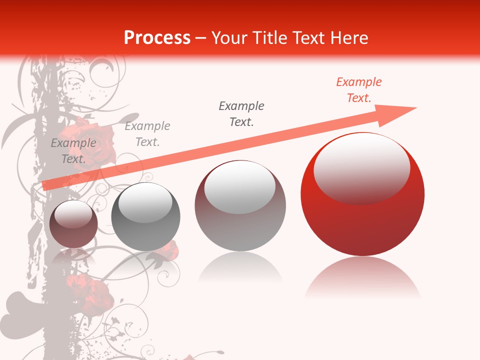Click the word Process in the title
pos(157,37)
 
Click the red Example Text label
pos(359,90)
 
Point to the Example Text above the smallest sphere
pos(73,151)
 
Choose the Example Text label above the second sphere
pos(147,133)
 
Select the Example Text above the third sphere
pos(241,113)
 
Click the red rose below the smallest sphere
pos(90,292)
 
